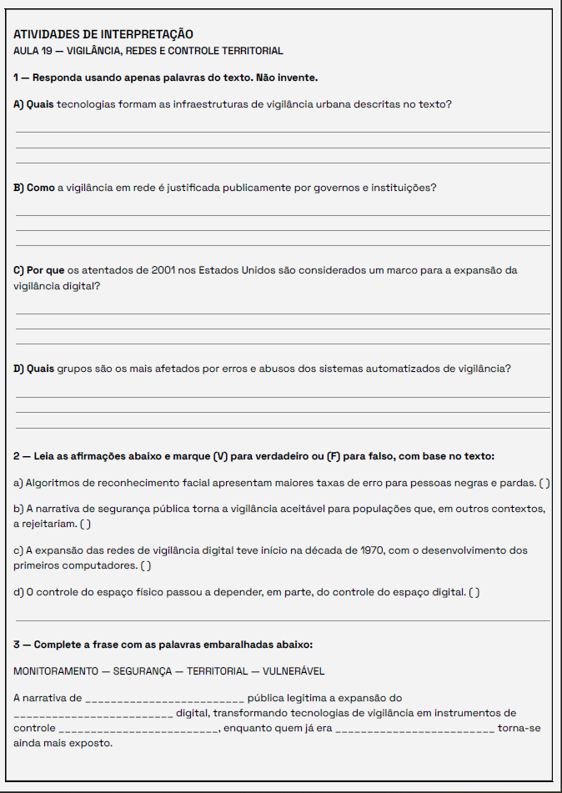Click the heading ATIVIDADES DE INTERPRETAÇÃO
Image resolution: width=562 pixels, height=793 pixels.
click(x=103, y=34)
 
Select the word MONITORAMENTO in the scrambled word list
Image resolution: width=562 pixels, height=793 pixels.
click(x=54, y=671)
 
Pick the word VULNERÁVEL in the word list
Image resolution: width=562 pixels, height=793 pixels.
click(x=294, y=671)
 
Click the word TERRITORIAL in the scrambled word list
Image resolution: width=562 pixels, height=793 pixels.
click(x=217, y=671)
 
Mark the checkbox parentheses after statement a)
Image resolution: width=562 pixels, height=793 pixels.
click(x=544, y=483)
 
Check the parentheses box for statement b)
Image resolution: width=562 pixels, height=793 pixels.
click(x=85, y=524)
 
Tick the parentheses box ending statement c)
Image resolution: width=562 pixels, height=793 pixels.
click(x=146, y=565)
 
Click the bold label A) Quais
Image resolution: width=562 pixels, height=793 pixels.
click(x=33, y=104)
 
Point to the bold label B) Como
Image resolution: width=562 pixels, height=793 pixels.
click(x=34, y=188)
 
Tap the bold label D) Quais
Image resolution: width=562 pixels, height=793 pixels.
click(x=34, y=369)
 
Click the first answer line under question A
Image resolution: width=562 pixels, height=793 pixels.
click(x=283, y=132)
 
